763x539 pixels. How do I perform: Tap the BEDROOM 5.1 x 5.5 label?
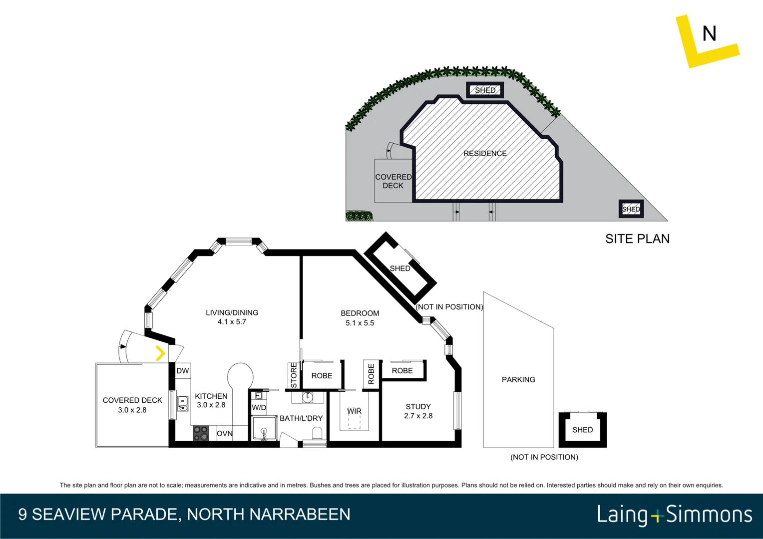click(x=360, y=318)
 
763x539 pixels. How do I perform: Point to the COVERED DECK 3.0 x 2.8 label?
click(x=132, y=405)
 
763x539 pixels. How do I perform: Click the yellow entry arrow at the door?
click(x=160, y=353)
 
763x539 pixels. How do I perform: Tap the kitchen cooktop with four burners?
click(x=201, y=433)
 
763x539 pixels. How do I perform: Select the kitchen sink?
click(x=183, y=403)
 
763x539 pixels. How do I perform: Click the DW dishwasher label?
click(x=183, y=371)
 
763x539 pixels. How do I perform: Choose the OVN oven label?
click(x=225, y=433)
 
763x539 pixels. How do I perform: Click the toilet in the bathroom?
click(x=317, y=434)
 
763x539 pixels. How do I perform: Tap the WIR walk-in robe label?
click(x=354, y=411)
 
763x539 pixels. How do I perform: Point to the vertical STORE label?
click(x=294, y=375)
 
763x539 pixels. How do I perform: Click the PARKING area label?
click(x=518, y=380)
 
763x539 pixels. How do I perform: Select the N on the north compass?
click(x=709, y=34)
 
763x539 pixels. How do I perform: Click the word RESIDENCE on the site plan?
click(x=485, y=154)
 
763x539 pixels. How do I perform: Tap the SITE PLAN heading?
click(x=637, y=239)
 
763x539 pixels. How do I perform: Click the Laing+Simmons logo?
click(x=674, y=515)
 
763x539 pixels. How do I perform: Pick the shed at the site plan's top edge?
click(x=485, y=90)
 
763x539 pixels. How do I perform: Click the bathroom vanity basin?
click(x=308, y=397)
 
